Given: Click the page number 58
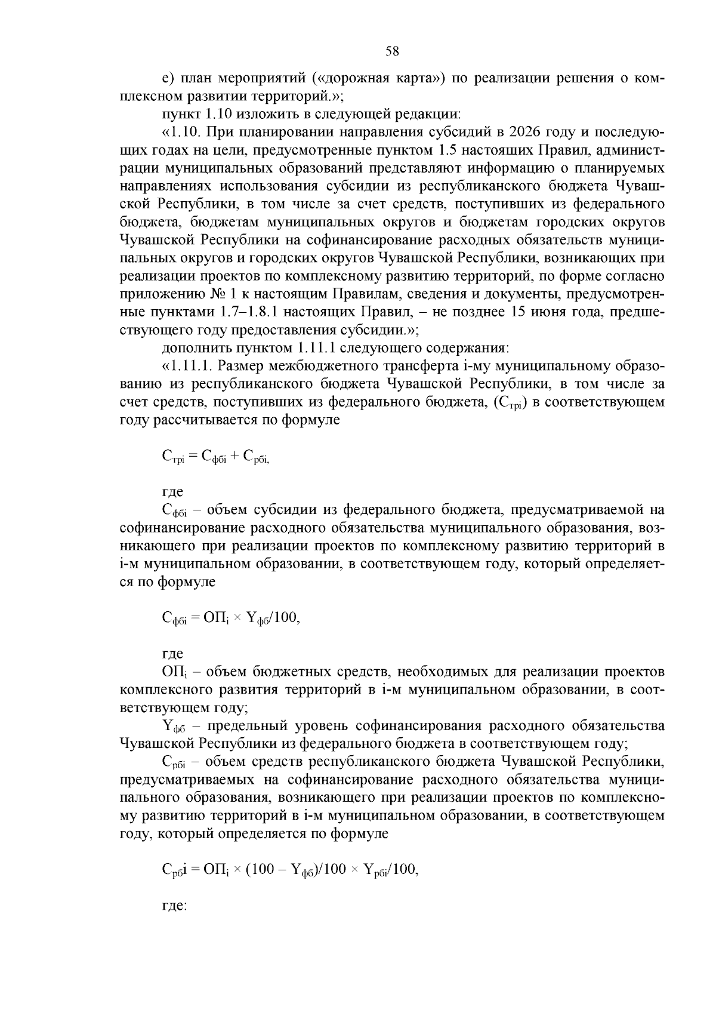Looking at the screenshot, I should point(392,51).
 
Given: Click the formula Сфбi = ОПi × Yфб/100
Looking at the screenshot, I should point(230,618).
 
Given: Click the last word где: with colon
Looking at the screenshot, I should point(175,906).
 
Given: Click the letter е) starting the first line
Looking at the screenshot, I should point(167,78).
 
